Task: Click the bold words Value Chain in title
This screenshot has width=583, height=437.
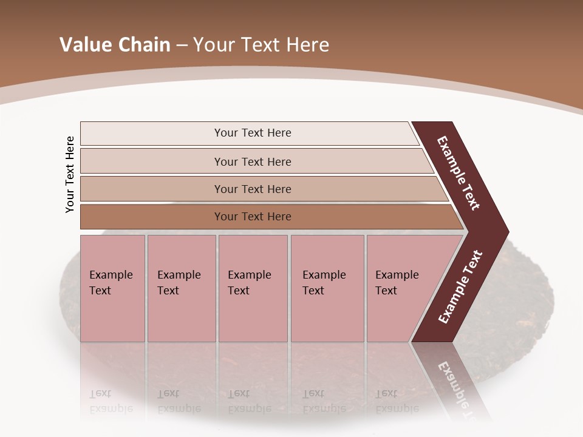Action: point(115,44)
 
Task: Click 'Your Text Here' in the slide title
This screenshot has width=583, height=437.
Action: point(261,44)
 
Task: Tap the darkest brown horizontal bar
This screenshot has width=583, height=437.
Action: point(152,217)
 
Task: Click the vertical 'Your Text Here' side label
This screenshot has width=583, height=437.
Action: point(70,174)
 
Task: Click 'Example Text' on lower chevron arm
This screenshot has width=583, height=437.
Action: point(460,287)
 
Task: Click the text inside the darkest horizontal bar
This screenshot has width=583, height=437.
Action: point(253,217)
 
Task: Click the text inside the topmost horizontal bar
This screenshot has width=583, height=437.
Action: point(253,133)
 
